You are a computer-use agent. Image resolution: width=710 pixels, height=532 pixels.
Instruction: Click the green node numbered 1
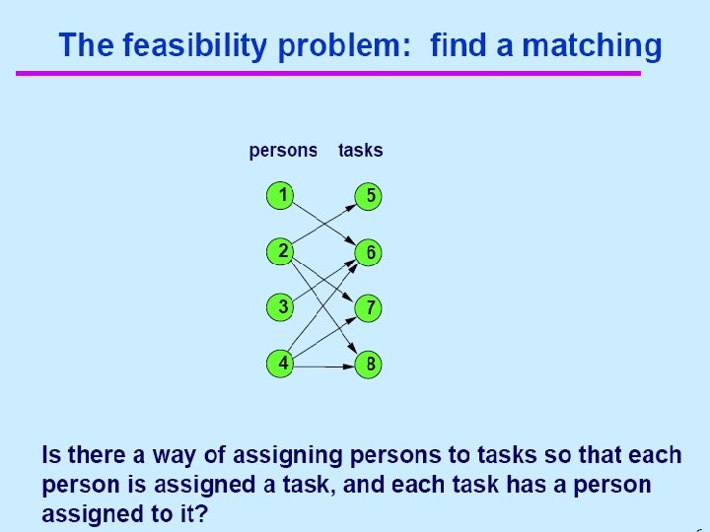click(x=282, y=195)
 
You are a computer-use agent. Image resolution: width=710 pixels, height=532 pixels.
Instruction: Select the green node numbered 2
click(x=282, y=251)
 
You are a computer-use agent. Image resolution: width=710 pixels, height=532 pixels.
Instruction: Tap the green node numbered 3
click(x=282, y=307)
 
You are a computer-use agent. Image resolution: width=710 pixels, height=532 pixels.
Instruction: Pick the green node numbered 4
click(x=282, y=364)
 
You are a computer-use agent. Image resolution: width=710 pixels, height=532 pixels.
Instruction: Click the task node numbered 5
click(x=369, y=195)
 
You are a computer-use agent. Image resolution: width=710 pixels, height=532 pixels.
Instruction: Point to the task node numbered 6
click(x=369, y=252)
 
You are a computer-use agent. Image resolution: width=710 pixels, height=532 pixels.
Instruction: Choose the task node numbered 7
click(x=369, y=308)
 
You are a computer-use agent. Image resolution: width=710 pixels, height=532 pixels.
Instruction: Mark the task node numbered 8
click(x=369, y=365)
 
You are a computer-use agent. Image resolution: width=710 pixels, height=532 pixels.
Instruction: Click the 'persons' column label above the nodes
click(x=283, y=151)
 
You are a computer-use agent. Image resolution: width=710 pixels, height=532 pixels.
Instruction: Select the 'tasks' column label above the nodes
click(x=360, y=151)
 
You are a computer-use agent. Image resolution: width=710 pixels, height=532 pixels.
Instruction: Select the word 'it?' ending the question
click(x=193, y=514)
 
